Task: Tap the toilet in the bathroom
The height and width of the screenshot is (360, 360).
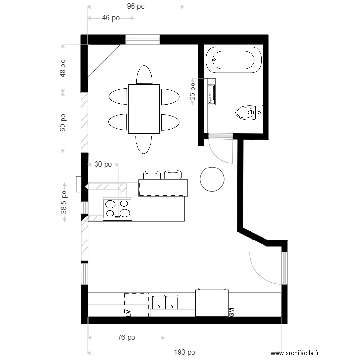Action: click(x=248, y=112)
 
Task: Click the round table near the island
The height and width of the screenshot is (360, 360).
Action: click(x=212, y=179)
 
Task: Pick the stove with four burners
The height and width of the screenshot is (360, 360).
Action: click(x=118, y=209)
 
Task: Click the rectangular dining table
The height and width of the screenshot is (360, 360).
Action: click(x=144, y=109)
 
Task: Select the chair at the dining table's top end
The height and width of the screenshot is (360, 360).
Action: click(x=144, y=75)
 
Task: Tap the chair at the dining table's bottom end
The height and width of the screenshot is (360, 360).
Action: click(x=144, y=144)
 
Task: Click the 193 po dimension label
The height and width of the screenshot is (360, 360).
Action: click(x=184, y=352)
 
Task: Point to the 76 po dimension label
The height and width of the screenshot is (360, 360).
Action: click(x=126, y=338)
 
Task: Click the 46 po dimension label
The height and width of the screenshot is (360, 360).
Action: click(x=111, y=18)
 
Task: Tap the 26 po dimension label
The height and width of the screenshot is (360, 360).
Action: click(x=192, y=91)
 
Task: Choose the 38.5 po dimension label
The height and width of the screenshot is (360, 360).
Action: click(x=64, y=202)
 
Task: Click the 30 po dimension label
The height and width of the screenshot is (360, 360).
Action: click(x=103, y=164)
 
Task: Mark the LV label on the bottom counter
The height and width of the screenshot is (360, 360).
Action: click(x=128, y=312)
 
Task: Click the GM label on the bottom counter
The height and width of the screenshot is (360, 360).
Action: click(x=231, y=312)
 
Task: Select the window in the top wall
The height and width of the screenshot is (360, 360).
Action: click(x=143, y=39)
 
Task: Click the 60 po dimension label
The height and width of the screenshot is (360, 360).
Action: click(x=64, y=123)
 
